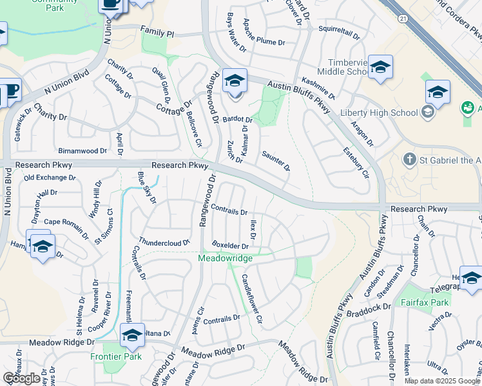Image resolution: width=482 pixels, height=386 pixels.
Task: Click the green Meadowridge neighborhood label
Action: [x=225, y=258]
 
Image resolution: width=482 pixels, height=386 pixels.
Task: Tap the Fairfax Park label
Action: [x=424, y=302]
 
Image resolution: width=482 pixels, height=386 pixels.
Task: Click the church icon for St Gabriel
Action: [x=409, y=159]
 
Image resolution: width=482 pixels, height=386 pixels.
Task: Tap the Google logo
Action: [x=21, y=378]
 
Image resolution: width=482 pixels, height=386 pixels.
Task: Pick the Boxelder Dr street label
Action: [x=230, y=245]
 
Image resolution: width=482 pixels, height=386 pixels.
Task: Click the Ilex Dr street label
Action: [x=253, y=230]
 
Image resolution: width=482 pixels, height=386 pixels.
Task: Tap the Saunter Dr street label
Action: [x=276, y=161]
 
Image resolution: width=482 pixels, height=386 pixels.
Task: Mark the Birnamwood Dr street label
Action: [x=82, y=151]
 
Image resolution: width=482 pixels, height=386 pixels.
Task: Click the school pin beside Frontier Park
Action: [x=132, y=335]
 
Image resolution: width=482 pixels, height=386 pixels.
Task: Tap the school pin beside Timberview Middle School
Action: [x=381, y=66]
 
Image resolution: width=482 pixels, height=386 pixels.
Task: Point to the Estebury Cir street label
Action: [x=356, y=164]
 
